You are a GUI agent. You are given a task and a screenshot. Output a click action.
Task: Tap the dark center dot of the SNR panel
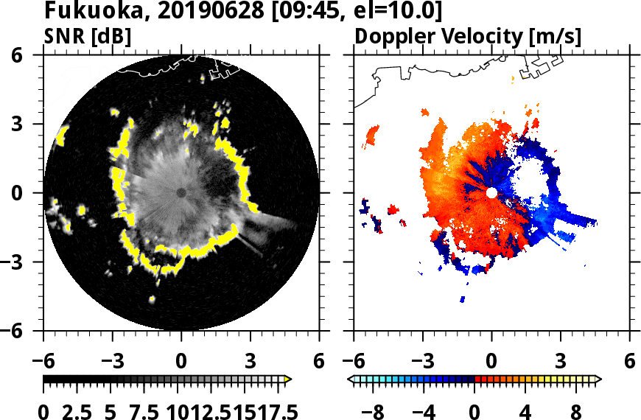[x=181, y=193]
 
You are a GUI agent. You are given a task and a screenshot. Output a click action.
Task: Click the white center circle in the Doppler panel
[x=491, y=193]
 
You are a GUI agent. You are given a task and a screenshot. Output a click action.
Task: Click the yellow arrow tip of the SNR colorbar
[x=289, y=379]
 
